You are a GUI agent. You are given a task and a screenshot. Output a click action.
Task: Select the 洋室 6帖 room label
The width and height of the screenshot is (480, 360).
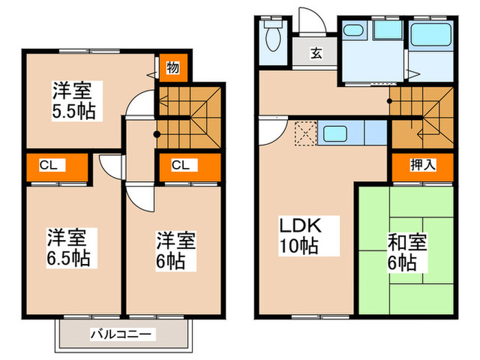[x=176, y=250]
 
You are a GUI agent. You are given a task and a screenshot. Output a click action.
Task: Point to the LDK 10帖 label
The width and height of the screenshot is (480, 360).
[x=299, y=235]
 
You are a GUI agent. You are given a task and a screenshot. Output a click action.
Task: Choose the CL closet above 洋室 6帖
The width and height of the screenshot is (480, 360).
[x=180, y=165]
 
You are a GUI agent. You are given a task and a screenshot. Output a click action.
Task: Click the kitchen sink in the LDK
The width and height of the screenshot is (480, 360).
[x=335, y=132]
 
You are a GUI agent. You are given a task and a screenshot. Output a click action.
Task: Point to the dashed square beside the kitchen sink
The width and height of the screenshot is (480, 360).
[x=304, y=132]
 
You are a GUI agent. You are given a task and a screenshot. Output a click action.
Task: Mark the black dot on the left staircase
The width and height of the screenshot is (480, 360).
[x=156, y=134]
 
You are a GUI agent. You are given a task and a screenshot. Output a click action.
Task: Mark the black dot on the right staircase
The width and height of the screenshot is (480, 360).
[x=389, y=101]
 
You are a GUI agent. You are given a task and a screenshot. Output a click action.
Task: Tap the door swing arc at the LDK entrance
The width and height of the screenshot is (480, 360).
[x=272, y=128]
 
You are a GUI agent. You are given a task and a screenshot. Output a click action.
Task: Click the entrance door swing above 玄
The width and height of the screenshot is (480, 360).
[x=308, y=21]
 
